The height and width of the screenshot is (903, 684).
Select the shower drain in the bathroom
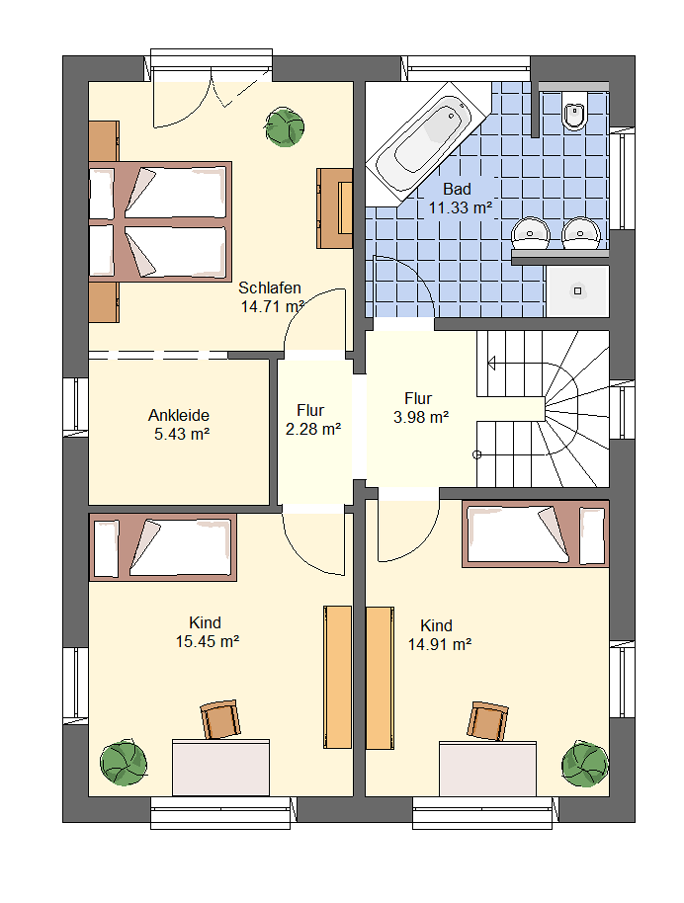point(577,290)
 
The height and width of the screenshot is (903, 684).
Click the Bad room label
point(457,189)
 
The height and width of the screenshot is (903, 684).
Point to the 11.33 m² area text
point(460,207)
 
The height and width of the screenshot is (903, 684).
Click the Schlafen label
point(270,287)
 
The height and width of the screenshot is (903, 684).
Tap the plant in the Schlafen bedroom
point(284,126)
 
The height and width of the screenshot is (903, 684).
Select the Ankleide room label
point(179,415)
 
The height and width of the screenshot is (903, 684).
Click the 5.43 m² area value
point(182,434)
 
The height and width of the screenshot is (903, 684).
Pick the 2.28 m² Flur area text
point(313,429)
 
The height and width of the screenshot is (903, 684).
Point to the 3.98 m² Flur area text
point(421,417)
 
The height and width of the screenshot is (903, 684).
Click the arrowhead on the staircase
point(491,364)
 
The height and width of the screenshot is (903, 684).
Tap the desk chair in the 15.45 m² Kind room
point(220,719)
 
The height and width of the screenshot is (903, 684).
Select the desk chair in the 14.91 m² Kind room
point(488,721)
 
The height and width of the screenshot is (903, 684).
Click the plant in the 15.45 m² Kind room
point(124,764)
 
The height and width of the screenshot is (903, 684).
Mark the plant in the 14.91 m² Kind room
point(585,765)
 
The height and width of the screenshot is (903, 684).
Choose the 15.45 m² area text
point(208,641)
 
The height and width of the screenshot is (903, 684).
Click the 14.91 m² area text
point(440,644)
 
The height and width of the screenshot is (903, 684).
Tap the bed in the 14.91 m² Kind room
point(536,534)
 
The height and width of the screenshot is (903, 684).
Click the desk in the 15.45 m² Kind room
point(220,768)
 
